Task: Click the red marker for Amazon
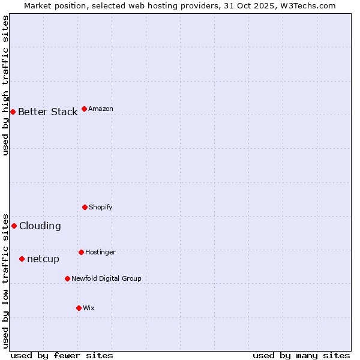pos(84,109)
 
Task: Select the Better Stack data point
pos(13,112)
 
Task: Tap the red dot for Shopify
pos(85,207)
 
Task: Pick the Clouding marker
pos(14,226)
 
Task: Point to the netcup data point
pos(22,259)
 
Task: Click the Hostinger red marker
pos(81,252)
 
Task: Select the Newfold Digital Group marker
pos(67,278)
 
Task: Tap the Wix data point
pos(79,308)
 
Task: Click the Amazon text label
pos(101,109)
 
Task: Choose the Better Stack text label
pos(47,112)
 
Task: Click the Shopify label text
pos(101,207)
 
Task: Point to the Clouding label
pos(40,226)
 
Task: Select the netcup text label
pos(43,259)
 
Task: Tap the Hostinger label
pos(100,252)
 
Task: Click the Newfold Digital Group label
pos(106,278)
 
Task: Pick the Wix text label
pos(89,308)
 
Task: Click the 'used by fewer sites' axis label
pos(62,355)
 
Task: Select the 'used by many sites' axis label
pos(301,355)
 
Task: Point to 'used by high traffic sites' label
pos(5,85)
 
